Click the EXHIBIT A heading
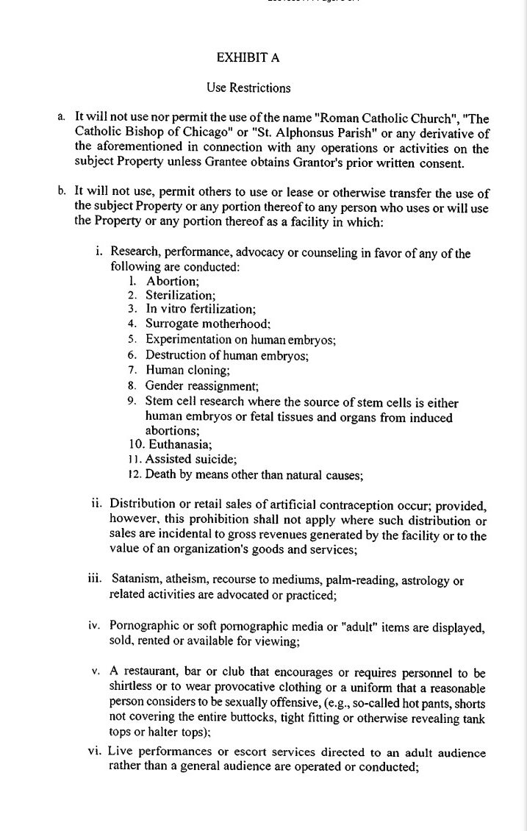[x=248, y=57]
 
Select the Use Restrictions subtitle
[x=248, y=88]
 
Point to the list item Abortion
[x=172, y=281]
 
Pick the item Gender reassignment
[x=202, y=385]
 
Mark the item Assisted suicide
[x=190, y=460]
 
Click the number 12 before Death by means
[x=134, y=474]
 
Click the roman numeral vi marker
[x=96, y=752]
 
